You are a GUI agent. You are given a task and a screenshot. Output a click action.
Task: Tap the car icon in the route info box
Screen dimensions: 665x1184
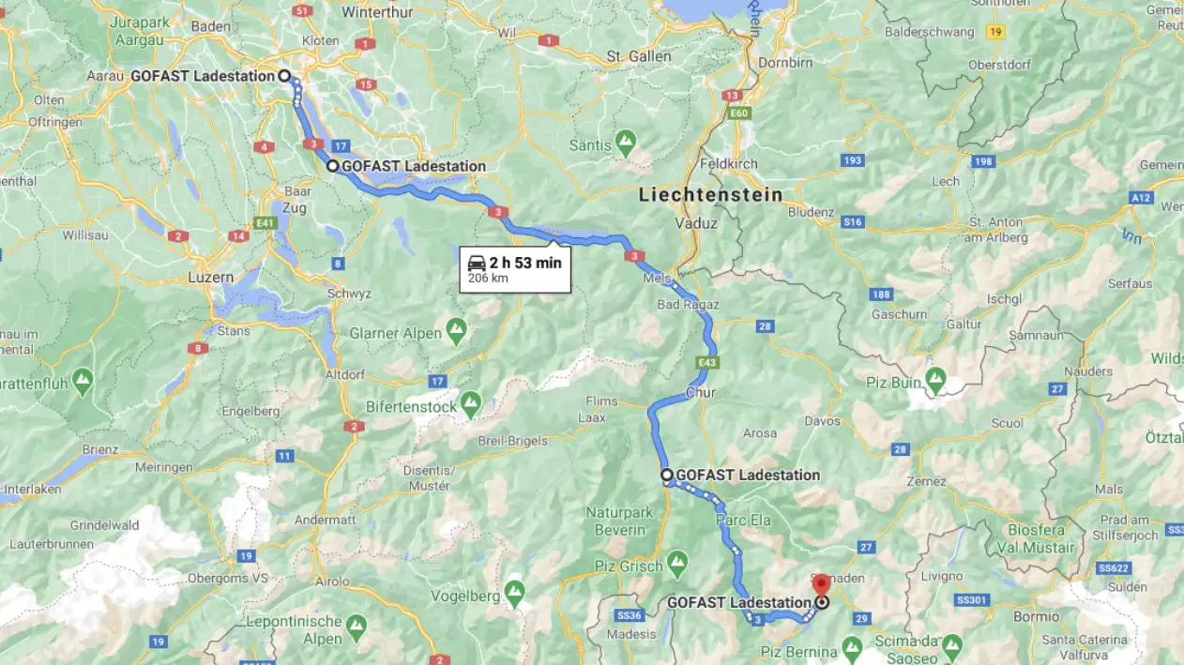click(477, 263)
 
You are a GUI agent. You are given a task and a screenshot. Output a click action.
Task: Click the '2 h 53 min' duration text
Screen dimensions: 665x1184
click(525, 263)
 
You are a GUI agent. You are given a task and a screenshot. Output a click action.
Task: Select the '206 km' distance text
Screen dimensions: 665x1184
click(488, 279)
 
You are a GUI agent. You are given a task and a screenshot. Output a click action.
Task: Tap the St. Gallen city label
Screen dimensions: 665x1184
click(639, 56)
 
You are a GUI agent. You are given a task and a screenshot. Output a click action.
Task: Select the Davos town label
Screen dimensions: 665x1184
click(822, 421)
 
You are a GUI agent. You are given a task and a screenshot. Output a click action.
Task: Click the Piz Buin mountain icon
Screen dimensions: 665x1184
click(935, 380)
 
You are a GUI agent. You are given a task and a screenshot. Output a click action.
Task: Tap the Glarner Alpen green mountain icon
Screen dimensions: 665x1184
click(457, 330)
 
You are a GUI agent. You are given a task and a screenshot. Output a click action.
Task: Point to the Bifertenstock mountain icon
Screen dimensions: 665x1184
click(470, 404)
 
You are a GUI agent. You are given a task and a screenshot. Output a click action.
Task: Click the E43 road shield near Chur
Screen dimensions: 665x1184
click(707, 361)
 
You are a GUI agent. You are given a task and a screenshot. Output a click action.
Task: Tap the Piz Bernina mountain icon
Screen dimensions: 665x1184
click(851, 648)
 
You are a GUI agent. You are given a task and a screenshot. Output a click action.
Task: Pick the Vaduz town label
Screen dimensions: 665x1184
click(695, 223)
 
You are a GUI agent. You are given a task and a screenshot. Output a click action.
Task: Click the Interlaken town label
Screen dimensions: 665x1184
click(33, 489)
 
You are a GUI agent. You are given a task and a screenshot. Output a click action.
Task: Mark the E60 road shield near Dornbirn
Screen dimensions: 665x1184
click(739, 113)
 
